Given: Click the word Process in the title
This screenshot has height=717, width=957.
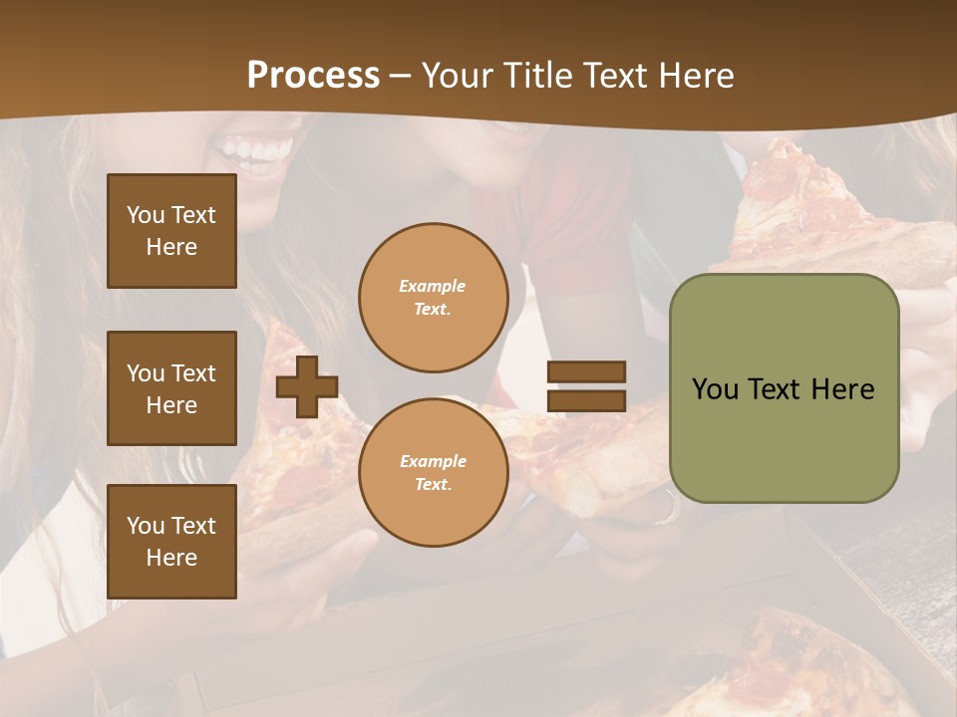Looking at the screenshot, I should [x=313, y=76].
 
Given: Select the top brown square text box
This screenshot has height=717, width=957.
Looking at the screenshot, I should [x=171, y=231].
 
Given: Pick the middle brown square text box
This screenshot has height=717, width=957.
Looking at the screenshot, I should [x=171, y=388].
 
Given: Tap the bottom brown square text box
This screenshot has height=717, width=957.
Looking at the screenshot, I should [x=171, y=542].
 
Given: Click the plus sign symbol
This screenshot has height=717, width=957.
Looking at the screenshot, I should [x=307, y=387].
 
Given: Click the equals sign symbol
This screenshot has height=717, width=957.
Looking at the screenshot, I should [x=586, y=386].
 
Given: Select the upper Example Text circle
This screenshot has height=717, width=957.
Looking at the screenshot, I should [x=433, y=298].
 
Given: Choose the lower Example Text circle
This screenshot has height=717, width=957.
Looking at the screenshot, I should [x=433, y=473].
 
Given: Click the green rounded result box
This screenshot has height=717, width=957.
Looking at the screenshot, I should [x=784, y=388].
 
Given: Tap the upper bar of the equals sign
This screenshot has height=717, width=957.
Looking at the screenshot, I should [x=586, y=372].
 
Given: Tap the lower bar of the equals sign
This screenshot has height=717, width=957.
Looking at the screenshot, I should [x=586, y=400].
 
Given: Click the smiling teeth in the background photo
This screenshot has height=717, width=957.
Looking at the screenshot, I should [x=256, y=150].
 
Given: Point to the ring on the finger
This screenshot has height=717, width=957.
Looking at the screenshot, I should [x=665, y=509].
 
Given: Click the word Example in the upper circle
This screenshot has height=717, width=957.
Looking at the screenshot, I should [x=433, y=286].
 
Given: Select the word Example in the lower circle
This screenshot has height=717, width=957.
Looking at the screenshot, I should [x=433, y=461].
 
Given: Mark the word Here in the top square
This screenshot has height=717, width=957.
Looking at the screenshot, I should [x=171, y=247].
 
